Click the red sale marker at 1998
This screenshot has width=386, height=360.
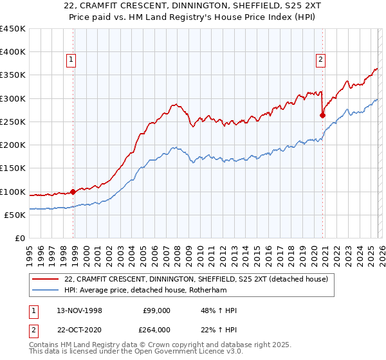73,191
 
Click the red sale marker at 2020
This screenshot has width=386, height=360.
322,116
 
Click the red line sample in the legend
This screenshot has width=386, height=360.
46,279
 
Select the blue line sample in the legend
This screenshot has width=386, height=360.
46,290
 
